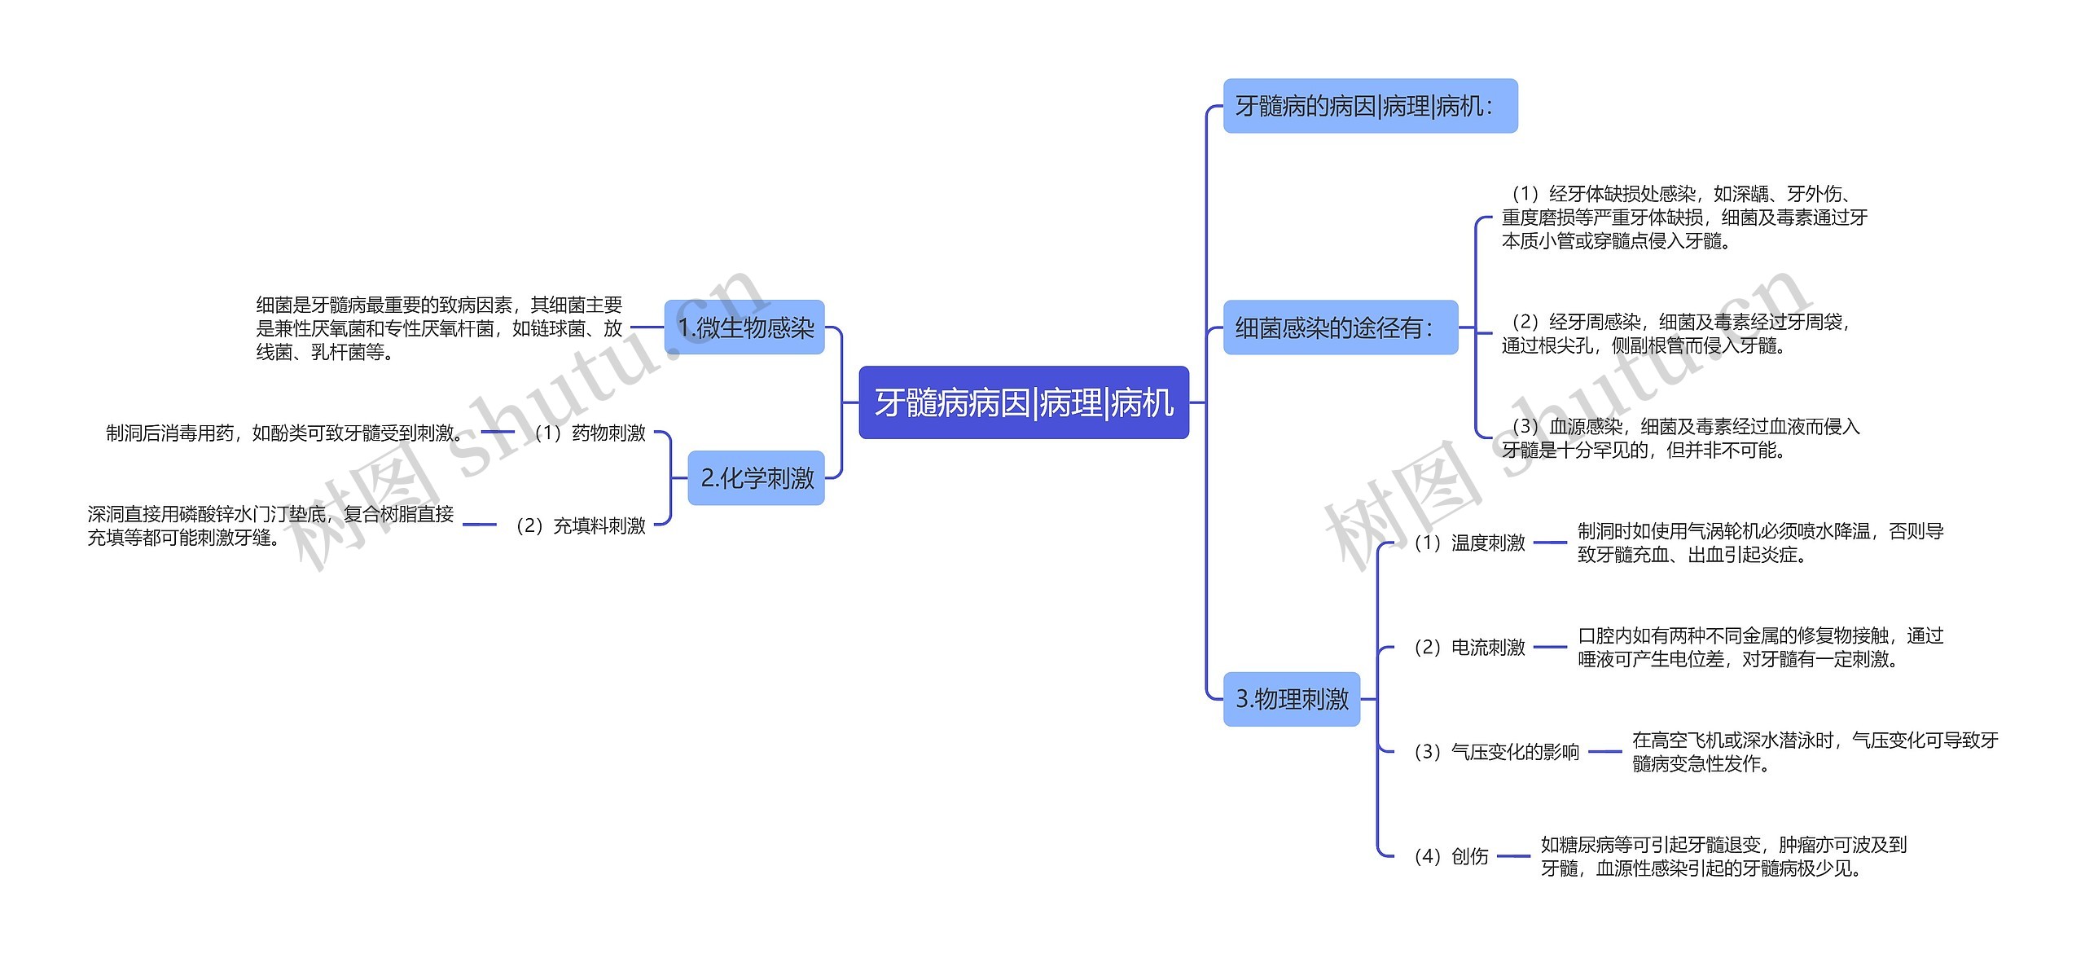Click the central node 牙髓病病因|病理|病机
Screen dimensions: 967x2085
click(1024, 402)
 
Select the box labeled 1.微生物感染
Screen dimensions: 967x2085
click(744, 327)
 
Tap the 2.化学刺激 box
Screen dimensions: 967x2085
click(756, 478)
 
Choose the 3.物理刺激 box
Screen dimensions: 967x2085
click(1292, 699)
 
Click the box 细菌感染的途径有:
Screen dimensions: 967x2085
click(1340, 327)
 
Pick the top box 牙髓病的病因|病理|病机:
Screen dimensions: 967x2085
click(1370, 106)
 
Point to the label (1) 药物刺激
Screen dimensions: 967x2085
click(590, 433)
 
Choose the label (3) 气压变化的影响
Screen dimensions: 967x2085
click(1497, 752)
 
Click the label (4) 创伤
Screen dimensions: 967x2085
click(1451, 856)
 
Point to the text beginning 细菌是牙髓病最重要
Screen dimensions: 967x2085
click(439, 328)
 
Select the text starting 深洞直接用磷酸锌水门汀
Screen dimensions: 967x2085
click(270, 525)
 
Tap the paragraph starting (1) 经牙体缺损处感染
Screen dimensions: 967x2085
click(1684, 218)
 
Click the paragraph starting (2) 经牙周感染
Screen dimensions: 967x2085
click(1676, 334)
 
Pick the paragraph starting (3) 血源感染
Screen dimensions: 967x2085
click(1681, 438)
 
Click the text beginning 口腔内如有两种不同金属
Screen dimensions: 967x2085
click(1760, 648)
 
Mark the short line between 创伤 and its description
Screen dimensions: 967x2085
click(1514, 856)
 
